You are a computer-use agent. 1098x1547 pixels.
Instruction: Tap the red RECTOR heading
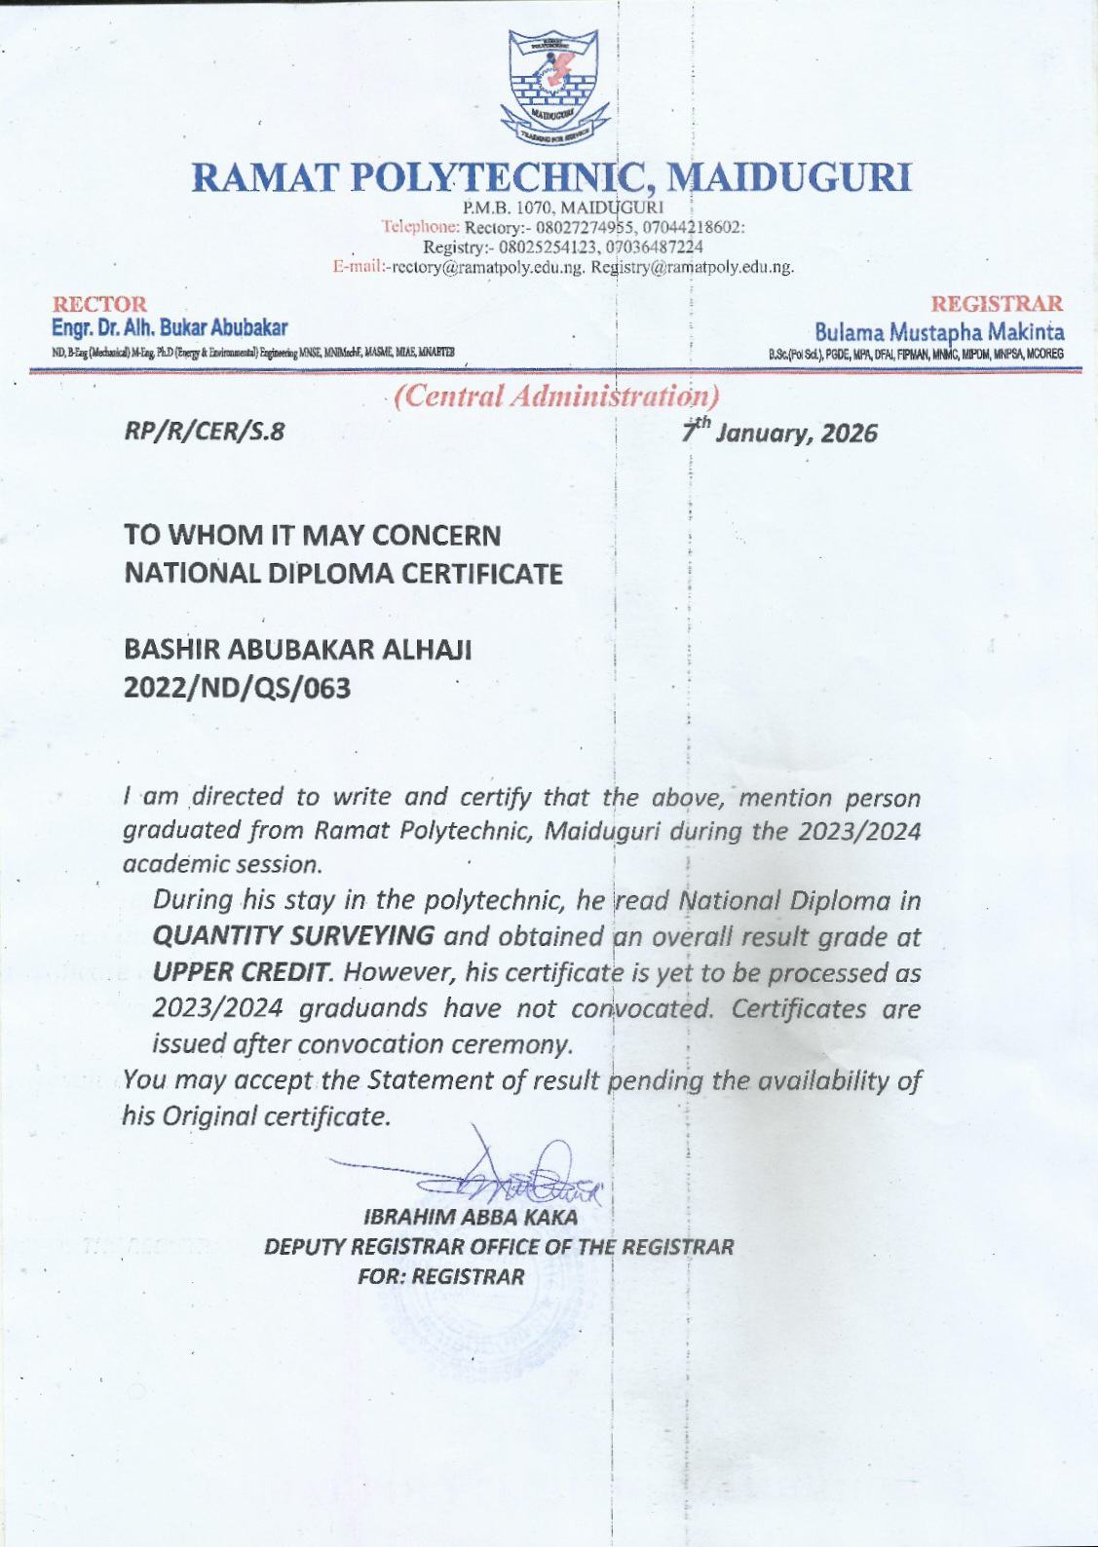coord(99,304)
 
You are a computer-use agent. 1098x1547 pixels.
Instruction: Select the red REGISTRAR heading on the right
coord(997,304)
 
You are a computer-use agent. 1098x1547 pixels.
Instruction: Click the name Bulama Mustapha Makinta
coord(938,332)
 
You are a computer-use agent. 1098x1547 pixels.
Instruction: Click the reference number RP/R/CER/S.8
coord(205,432)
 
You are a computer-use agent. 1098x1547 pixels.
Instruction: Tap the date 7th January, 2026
coord(778,432)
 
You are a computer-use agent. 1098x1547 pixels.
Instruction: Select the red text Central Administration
coord(556,396)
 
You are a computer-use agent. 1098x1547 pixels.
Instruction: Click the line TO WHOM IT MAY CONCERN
coord(312,535)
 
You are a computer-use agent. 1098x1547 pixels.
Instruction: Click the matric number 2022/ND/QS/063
coord(237,688)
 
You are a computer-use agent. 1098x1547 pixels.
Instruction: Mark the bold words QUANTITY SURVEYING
coord(293,936)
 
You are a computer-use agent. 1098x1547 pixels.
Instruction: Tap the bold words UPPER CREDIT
coord(243,972)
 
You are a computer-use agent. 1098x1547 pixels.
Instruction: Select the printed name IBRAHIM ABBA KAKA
coord(470,1217)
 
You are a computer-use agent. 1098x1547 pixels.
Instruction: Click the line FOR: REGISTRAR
coord(440,1276)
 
